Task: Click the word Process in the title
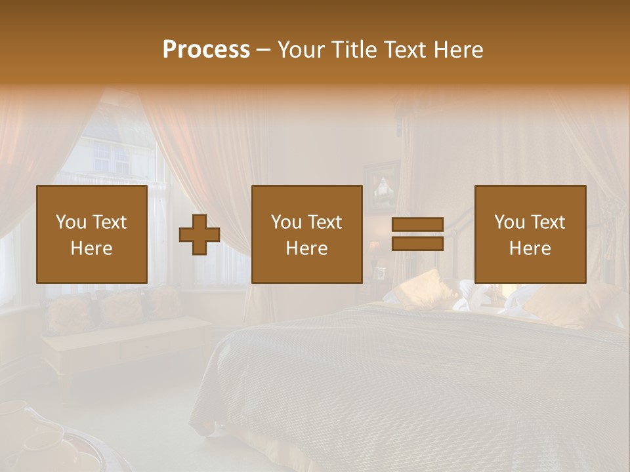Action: click(206, 50)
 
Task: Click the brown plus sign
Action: click(199, 235)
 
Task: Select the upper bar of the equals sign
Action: click(417, 225)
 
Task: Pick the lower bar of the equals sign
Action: click(417, 243)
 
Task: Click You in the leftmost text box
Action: click(70, 222)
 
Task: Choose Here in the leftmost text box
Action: click(92, 248)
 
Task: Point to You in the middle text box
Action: click(285, 222)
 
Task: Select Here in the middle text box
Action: click(307, 248)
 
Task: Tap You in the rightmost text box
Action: click(509, 222)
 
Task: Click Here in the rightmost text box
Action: click(530, 248)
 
